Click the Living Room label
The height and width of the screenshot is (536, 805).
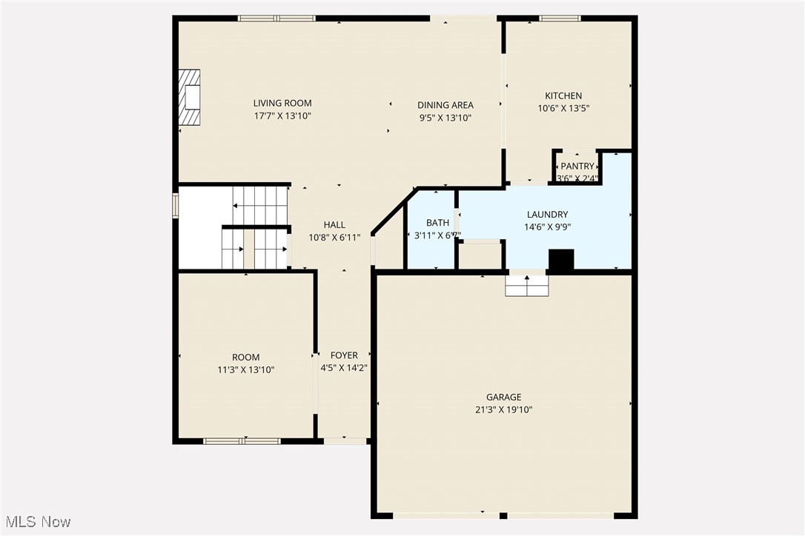[x=282, y=103]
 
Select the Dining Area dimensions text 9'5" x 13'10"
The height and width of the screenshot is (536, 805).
[x=445, y=118]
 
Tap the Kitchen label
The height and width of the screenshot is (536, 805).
[x=563, y=96]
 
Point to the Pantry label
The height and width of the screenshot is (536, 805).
[x=577, y=167]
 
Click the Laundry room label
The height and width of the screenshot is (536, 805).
[x=547, y=215]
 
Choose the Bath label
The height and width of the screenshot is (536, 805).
[x=437, y=223]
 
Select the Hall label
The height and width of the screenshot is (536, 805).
[x=334, y=225]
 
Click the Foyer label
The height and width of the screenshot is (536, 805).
[x=344, y=355]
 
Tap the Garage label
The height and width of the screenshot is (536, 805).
[x=503, y=397]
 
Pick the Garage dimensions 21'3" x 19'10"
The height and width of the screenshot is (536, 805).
[x=503, y=409]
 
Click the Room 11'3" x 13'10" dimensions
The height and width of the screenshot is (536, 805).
[x=245, y=369]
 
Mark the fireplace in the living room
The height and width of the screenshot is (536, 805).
[x=191, y=98]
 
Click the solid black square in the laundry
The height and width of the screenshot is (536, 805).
[x=561, y=261]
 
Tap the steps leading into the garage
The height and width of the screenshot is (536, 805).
[x=527, y=286]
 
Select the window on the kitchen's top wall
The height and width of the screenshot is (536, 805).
[x=560, y=18]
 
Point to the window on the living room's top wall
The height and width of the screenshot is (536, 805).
[x=276, y=18]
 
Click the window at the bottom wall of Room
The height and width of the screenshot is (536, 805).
[x=242, y=441]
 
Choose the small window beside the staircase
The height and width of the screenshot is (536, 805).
[x=176, y=205]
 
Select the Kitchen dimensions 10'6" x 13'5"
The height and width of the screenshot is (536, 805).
[x=563, y=108]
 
